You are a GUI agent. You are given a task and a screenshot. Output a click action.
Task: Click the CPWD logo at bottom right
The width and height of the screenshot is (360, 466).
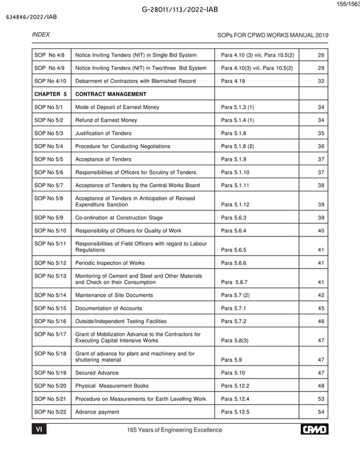(314, 430)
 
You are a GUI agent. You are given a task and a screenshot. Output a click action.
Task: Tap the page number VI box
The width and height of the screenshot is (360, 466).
(39, 430)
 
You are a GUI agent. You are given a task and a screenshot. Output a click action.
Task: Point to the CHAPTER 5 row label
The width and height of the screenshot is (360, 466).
(51, 94)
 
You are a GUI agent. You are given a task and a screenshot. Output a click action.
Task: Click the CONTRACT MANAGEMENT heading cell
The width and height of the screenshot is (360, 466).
(111, 94)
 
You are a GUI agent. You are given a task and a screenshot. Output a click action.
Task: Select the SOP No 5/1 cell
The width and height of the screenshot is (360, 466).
(50, 107)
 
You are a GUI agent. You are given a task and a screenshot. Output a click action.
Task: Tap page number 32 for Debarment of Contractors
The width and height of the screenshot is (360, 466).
(321, 81)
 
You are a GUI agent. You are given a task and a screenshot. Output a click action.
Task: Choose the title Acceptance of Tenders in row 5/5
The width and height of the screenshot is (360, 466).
(103, 159)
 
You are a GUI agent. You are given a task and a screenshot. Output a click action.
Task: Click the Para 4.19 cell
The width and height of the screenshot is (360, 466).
(232, 81)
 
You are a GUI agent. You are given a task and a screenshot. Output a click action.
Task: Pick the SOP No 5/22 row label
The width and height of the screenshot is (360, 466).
(51, 412)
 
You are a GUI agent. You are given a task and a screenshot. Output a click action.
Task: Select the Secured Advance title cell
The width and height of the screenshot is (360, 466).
(97, 373)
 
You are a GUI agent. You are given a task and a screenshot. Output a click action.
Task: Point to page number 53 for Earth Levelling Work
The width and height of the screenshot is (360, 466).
(321, 399)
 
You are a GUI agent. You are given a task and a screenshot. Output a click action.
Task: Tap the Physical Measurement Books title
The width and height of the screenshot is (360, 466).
(112, 386)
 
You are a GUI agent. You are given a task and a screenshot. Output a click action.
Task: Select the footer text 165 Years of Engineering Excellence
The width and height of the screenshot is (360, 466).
(175, 430)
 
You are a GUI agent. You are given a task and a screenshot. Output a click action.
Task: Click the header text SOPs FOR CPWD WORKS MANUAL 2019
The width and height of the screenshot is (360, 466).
(273, 36)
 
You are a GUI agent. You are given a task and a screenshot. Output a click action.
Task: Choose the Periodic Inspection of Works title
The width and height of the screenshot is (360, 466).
(110, 263)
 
